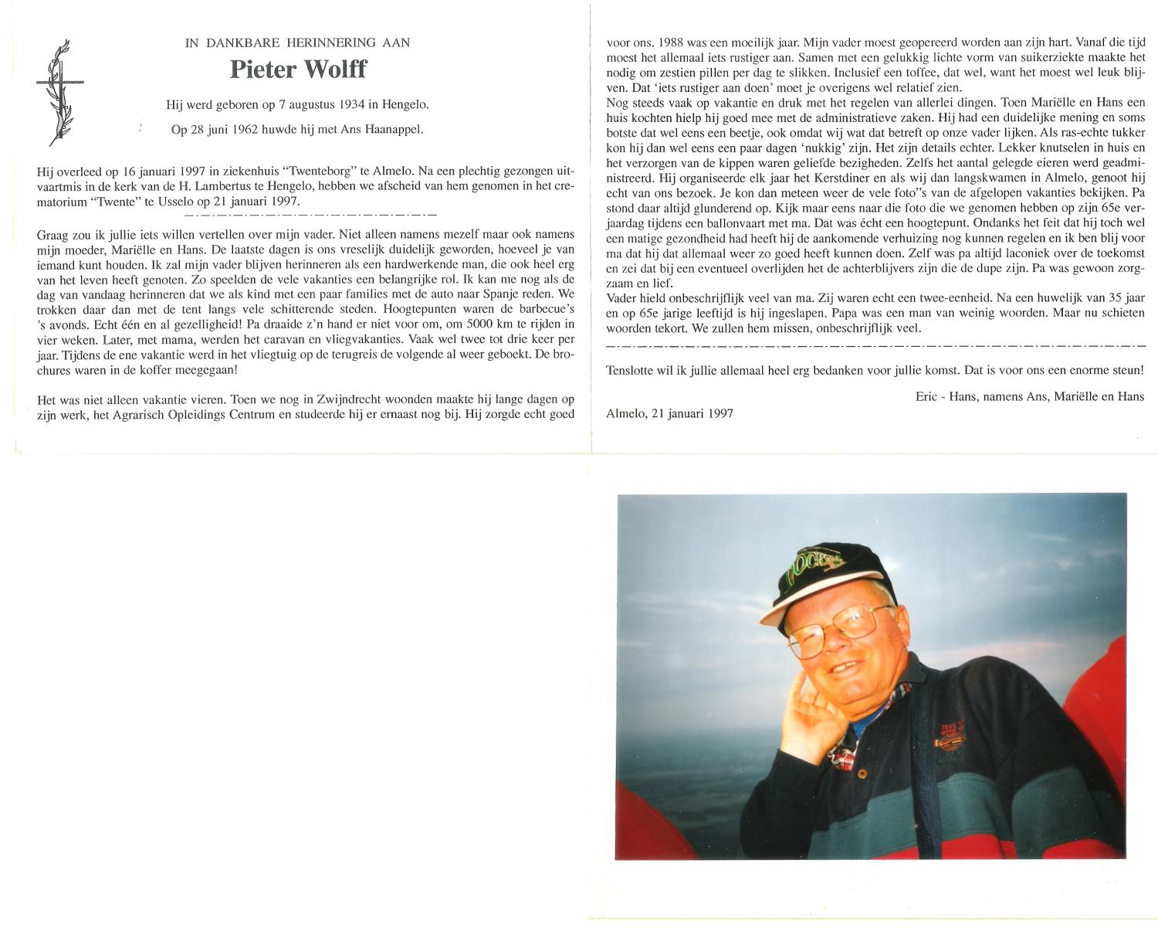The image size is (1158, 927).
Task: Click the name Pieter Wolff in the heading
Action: point(297,70)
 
